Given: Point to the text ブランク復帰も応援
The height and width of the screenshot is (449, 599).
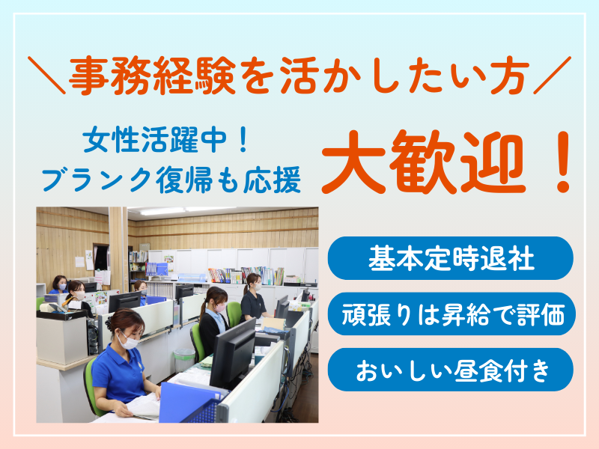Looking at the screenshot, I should (x=171, y=180).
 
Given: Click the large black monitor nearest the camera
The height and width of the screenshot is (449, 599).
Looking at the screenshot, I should (x=233, y=352).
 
